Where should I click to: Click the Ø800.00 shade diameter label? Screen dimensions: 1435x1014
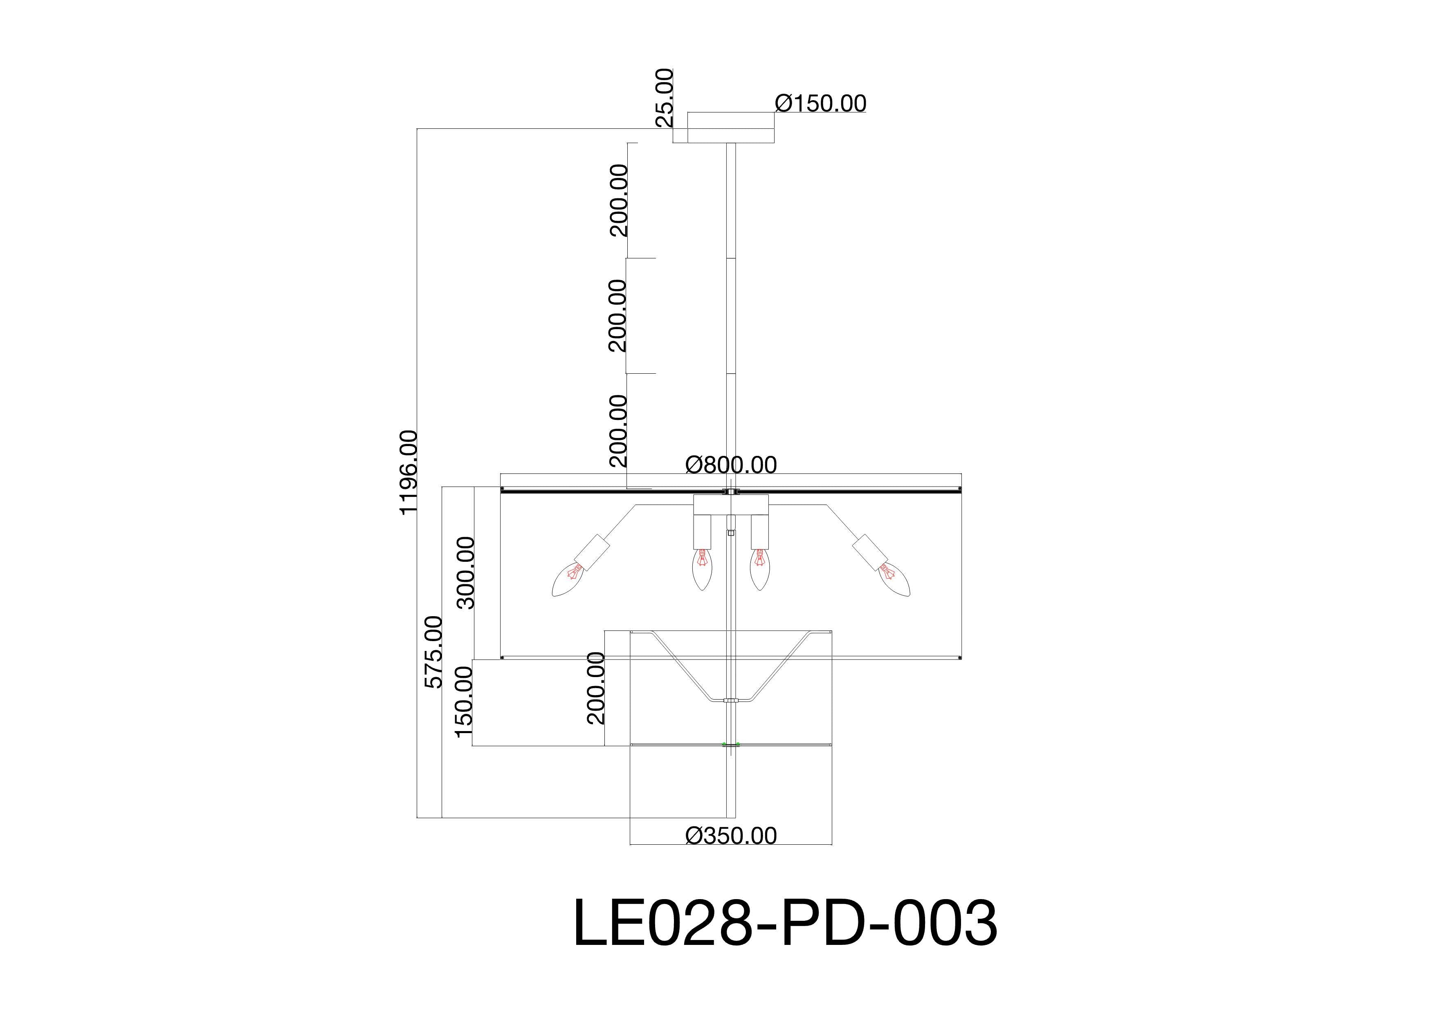pos(731,465)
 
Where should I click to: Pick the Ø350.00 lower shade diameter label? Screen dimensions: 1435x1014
pos(731,835)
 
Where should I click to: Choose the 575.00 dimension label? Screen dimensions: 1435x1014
pos(433,652)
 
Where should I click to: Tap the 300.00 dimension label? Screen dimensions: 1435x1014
pos(466,572)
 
